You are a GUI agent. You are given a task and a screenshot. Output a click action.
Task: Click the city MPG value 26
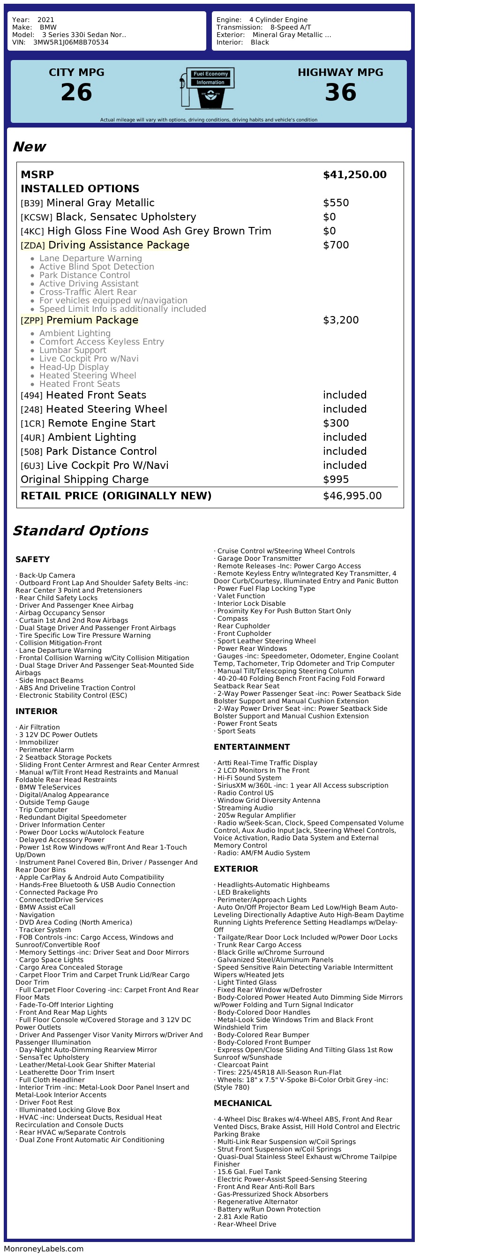click(x=76, y=92)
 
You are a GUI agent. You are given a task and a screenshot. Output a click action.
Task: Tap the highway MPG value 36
click(x=340, y=92)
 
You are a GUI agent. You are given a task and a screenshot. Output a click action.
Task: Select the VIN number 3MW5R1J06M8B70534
click(x=71, y=43)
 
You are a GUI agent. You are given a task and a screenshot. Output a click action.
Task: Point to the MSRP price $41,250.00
click(x=355, y=175)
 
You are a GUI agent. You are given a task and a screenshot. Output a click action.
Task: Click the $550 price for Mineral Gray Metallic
click(x=336, y=203)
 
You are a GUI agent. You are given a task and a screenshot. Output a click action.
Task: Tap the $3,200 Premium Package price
click(x=340, y=320)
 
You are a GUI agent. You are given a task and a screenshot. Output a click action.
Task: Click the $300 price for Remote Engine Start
click(x=336, y=423)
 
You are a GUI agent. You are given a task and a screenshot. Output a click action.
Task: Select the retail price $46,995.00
click(x=352, y=496)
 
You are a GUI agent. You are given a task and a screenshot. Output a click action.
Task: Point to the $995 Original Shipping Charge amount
click(x=336, y=480)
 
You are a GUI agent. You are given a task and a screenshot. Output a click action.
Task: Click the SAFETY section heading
click(x=33, y=559)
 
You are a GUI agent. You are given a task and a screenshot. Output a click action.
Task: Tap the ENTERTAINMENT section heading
click(x=252, y=746)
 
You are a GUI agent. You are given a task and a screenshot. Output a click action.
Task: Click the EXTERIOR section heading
click(x=236, y=869)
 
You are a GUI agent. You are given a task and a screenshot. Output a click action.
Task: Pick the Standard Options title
click(x=81, y=531)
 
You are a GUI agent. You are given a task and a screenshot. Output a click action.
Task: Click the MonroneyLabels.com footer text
click(x=44, y=1249)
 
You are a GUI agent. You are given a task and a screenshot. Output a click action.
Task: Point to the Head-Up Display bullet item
click(x=74, y=367)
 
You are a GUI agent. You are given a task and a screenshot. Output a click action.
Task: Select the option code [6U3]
click(x=32, y=466)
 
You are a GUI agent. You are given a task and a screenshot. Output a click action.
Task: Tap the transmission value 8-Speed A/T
click(x=291, y=28)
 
